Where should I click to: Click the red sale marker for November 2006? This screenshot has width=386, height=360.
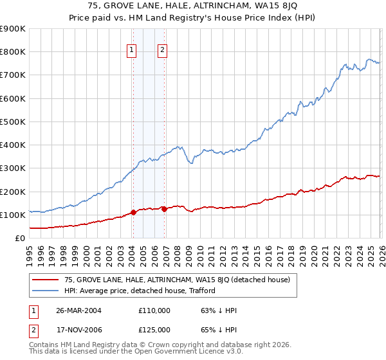tap(164, 209)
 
